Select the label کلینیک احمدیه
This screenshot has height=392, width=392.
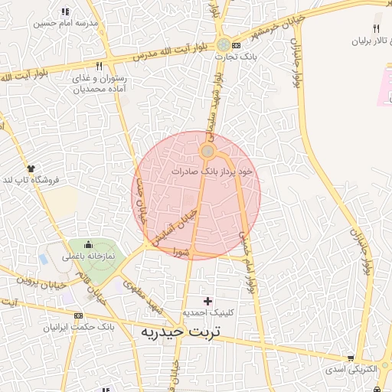tap(207, 313)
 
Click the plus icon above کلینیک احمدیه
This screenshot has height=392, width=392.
tap(207, 300)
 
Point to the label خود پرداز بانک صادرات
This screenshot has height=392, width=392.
tap(212, 172)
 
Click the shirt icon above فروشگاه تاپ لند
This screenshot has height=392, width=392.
tap(31, 167)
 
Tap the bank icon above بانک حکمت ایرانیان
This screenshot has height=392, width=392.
tap(78, 315)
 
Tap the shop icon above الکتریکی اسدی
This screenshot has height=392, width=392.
tap(351, 358)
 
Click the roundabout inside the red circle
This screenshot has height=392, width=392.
tap(207, 152)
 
